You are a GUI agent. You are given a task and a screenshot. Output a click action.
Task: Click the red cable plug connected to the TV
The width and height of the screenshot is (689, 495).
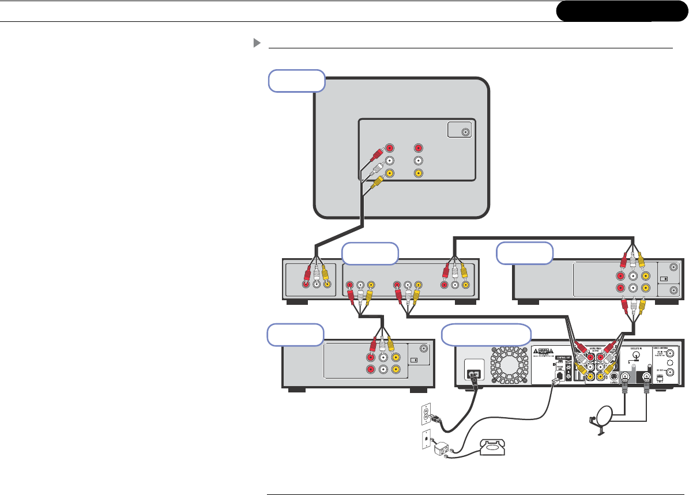pyautogui.click(x=376, y=154)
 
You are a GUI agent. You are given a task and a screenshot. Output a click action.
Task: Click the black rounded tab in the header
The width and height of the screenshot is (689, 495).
pyautogui.click(x=618, y=12)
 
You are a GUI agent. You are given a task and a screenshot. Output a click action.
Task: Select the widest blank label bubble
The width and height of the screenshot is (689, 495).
pyautogui.click(x=486, y=335)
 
